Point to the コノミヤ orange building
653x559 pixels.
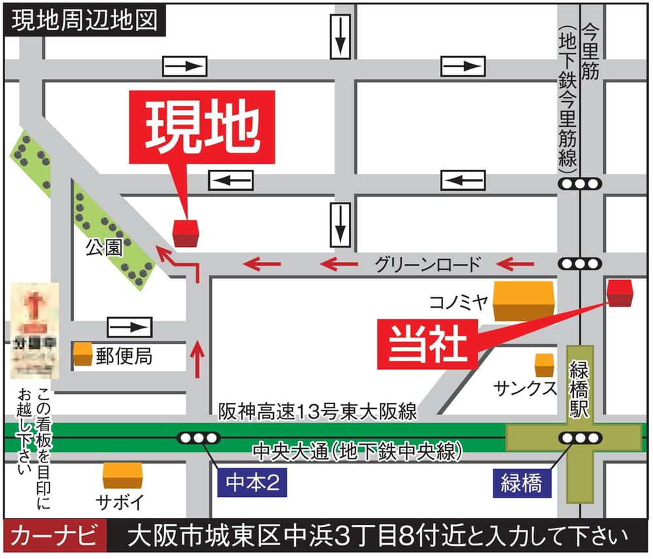523,301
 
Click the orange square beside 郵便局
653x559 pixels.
82,355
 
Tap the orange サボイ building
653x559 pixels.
122,476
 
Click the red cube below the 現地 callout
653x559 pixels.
186,233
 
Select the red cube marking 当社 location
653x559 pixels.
620,293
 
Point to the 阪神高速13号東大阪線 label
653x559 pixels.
318,411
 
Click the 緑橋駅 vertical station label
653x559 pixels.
580,390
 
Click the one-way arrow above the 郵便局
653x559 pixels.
129,327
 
